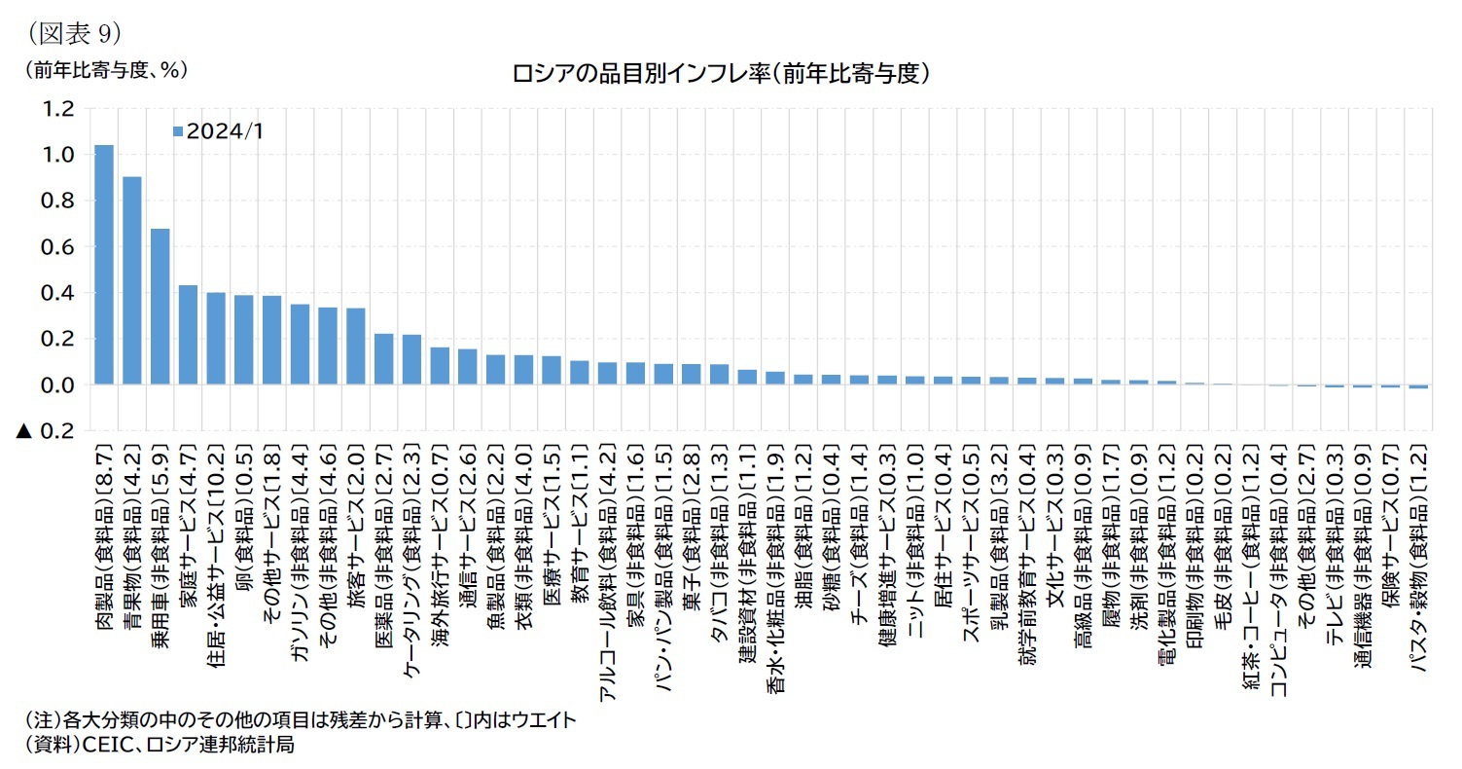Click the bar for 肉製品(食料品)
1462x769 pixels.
pos(103,265)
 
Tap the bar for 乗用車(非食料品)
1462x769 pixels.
pos(160,307)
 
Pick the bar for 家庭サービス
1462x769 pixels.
pos(188,335)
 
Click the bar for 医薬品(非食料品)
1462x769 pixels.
pos(384,359)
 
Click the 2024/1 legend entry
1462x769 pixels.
pos(218,131)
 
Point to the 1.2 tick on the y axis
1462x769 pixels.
pos(53,108)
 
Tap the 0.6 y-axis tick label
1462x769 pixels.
pos(53,247)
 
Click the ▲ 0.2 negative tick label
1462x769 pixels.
pos(45,431)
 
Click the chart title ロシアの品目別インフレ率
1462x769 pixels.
pos(721,73)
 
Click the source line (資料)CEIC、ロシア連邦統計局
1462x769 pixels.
pos(160,746)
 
